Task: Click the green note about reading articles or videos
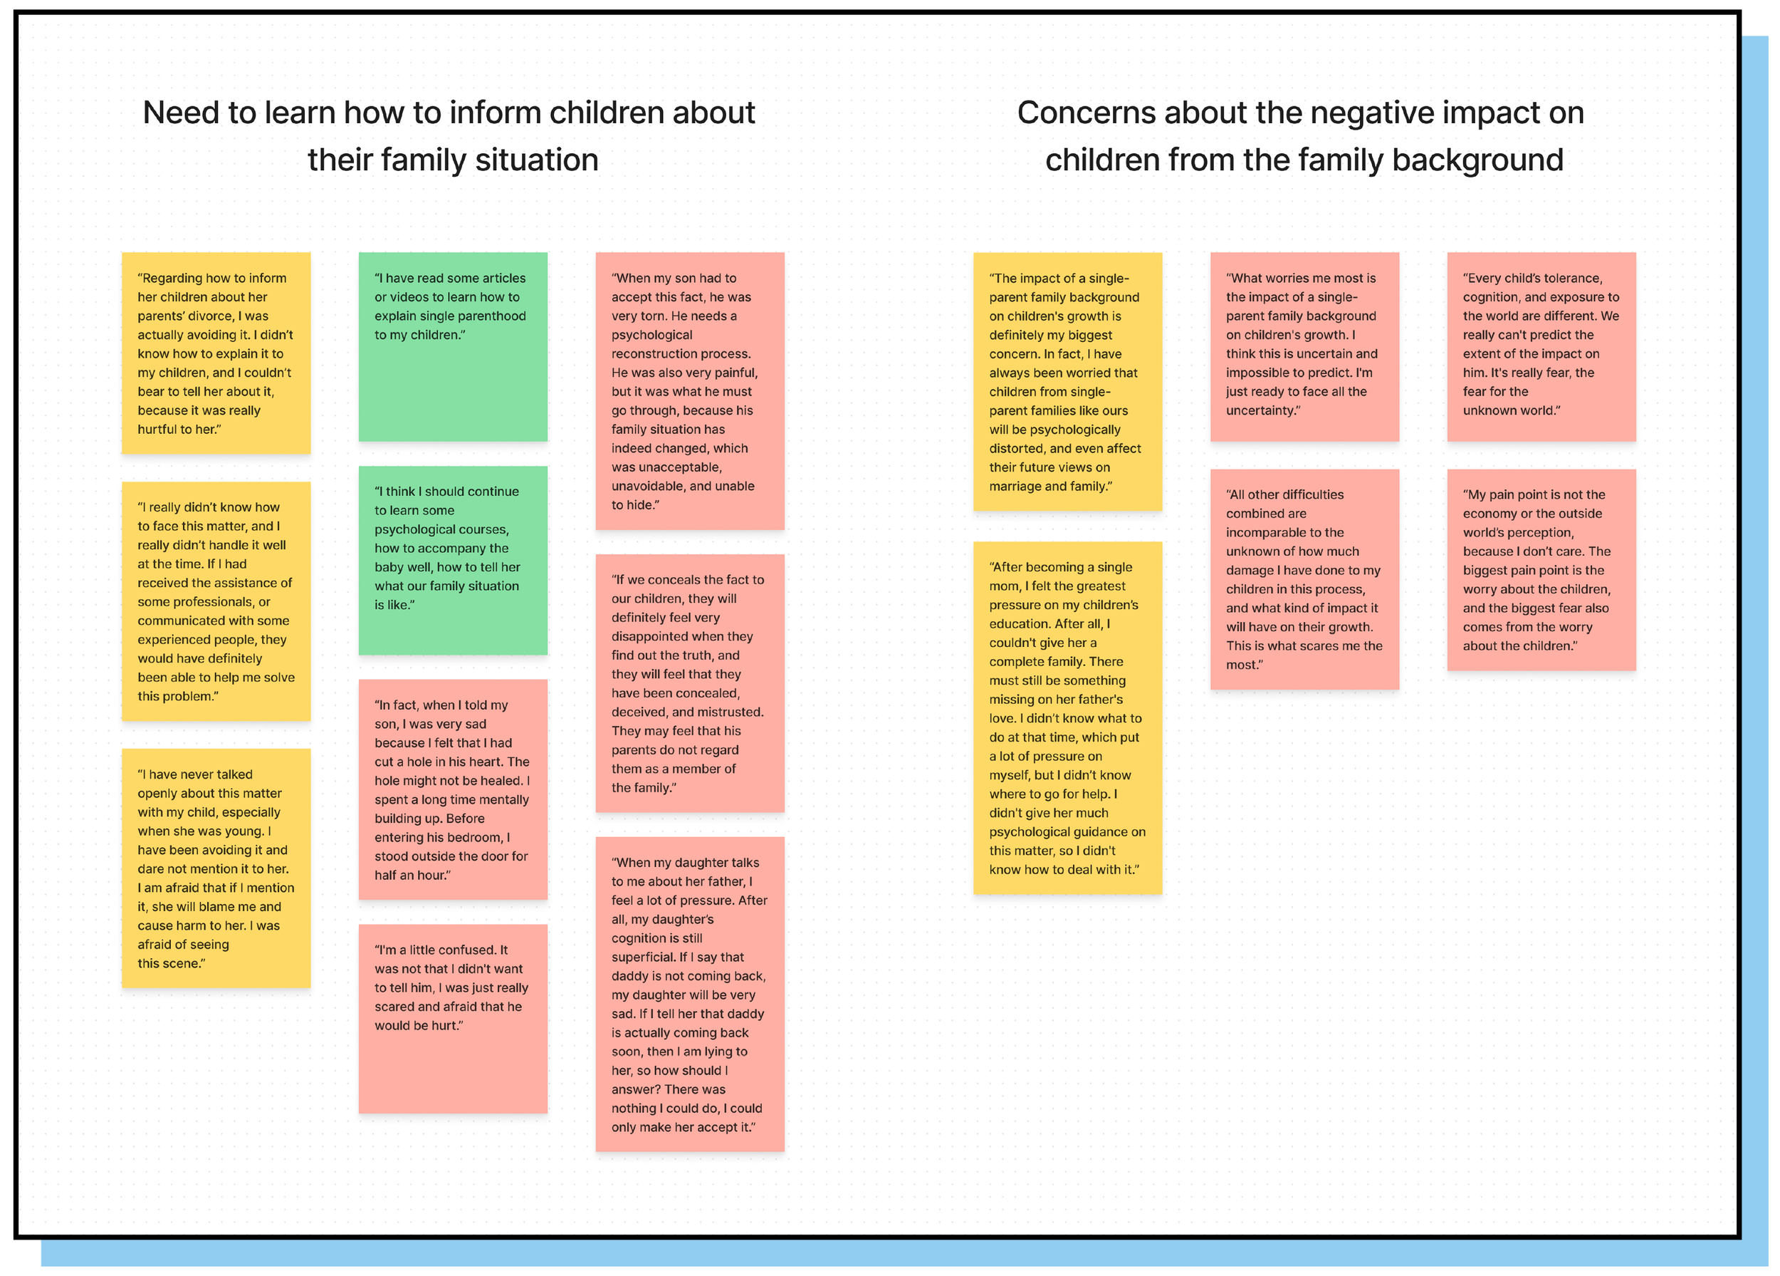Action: pyautogui.click(x=453, y=346)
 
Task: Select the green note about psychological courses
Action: pyautogui.click(x=453, y=560)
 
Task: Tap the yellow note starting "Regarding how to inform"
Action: pyautogui.click(x=216, y=353)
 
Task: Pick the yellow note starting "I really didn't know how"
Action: pyautogui.click(x=216, y=601)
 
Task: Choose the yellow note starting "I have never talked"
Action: pyautogui.click(x=216, y=868)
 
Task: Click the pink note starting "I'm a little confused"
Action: pyautogui.click(x=453, y=1017)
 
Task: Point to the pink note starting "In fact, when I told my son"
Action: pyautogui.click(x=453, y=789)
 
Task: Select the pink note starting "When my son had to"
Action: pyautogui.click(x=690, y=390)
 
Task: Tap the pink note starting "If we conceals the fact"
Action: pyautogui.click(x=690, y=683)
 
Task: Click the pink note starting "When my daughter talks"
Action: pyautogui.click(x=690, y=993)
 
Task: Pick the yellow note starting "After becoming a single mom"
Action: pyautogui.click(x=1067, y=717)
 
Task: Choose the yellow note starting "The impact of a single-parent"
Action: pyautogui.click(x=1067, y=382)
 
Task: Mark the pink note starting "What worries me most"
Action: pyautogui.click(x=1304, y=346)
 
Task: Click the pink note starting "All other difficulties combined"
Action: pyautogui.click(x=1304, y=579)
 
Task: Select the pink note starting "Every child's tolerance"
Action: pyautogui.click(x=1541, y=346)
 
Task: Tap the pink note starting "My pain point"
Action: pyautogui.click(x=1541, y=569)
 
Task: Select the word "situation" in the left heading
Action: pyautogui.click(x=537, y=160)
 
